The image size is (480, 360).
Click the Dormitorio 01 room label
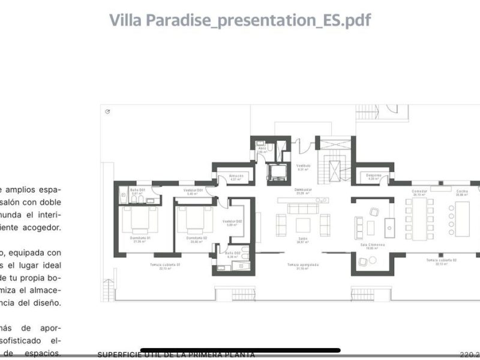click(140, 238)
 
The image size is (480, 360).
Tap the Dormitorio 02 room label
click(196, 238)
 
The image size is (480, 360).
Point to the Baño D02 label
click(233, 253)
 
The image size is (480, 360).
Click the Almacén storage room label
click(236, 175)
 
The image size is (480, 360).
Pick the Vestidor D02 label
click(232, 222)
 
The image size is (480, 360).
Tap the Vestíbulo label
click(303, 166)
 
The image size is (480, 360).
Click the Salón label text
click(302, 238)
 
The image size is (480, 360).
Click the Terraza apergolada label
click(302, 265)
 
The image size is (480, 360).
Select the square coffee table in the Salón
click(303, 225)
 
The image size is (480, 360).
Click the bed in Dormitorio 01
click(140, 219)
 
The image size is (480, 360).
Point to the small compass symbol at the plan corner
click(107, 112)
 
